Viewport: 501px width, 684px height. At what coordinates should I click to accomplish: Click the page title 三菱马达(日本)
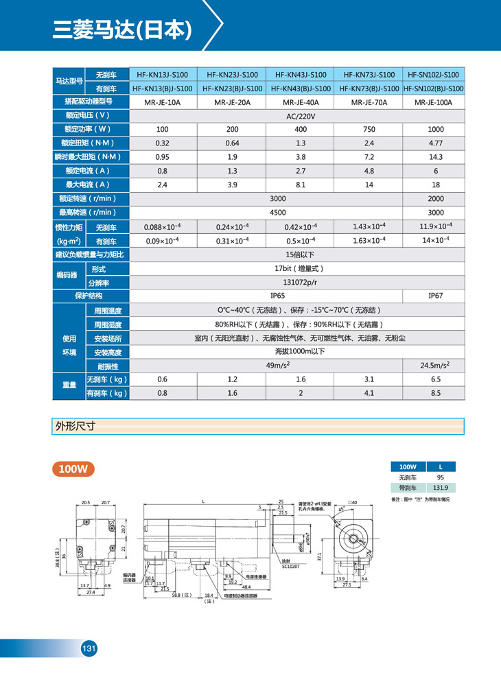pyautogui.click(x=122, y=30)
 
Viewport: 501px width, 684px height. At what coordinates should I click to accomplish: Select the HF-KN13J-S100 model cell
pyautogui.click(x=163, y=75)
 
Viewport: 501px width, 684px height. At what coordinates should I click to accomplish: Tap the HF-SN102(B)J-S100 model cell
pyautogui.click(x=434, y=89)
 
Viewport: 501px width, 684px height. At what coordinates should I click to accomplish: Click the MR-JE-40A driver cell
pyautogui.click(x=299, y=102)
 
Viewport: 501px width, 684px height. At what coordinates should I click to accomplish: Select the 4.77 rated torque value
pyautogui.click(x=434, y=143)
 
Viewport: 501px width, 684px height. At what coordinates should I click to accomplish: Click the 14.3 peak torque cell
pyautogui.click(x=434, y=157)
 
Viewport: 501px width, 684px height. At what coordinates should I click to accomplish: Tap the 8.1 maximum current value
pyautogui.click(x=299, y=185)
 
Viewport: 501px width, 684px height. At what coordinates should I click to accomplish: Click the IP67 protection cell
pyautogui.click(x=434, y=296)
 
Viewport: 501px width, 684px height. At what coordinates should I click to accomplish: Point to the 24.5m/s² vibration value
pyautogui.click(x=434, y=366)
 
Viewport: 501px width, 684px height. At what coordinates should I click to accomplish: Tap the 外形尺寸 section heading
pyautogui.click(x=75, y=426)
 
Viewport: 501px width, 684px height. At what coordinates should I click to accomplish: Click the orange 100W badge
pyautogui.click(x=73, y=469)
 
